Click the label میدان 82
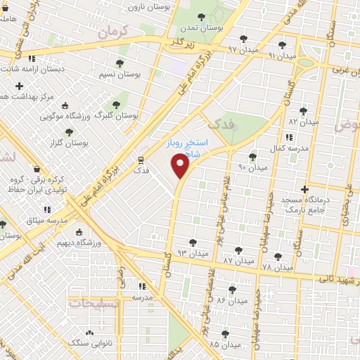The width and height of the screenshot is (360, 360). click(303, 122)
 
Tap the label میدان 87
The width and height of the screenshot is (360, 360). click(237, 259)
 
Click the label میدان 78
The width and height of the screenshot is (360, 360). click(276, 267)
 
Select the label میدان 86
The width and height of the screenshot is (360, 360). click(231, 300)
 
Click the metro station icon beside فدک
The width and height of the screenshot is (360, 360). click(141, 160)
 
